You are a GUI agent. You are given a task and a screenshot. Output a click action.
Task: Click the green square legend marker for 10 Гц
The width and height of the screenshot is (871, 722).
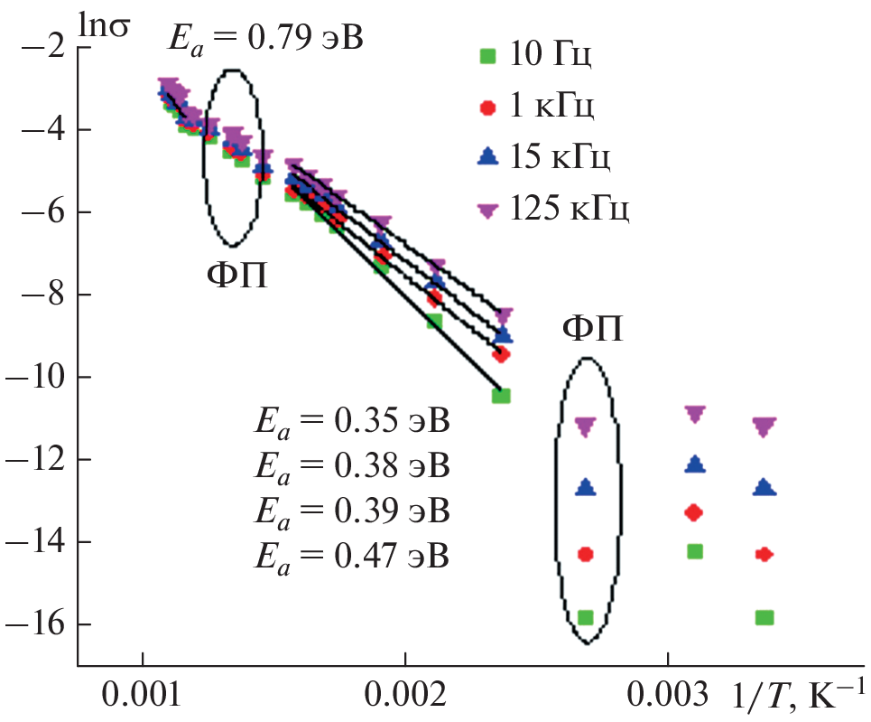click(487, 57)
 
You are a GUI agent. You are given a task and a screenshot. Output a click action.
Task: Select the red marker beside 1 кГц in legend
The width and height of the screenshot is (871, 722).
click(487, 108)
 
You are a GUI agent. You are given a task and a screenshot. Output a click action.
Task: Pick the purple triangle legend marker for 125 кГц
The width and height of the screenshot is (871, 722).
click(487, 211)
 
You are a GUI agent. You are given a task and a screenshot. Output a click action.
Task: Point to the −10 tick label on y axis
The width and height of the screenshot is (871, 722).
click(38, 377)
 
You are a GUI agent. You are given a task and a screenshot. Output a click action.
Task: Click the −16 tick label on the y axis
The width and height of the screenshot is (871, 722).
click(38, 624)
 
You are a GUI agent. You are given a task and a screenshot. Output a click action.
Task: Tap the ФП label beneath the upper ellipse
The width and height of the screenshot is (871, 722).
click(236, 272)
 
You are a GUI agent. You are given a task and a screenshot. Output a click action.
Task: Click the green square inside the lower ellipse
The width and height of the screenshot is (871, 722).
click(585, 617)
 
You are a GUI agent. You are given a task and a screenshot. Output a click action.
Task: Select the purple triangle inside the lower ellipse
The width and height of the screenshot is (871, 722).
click(586, 427)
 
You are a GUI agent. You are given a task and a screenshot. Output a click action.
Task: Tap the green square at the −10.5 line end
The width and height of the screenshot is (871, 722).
click(501, 396)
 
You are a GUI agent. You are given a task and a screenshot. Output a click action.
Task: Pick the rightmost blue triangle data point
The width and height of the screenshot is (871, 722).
click(764, 487)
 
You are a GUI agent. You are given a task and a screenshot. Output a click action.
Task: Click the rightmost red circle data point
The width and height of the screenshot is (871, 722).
click(764, 554)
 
